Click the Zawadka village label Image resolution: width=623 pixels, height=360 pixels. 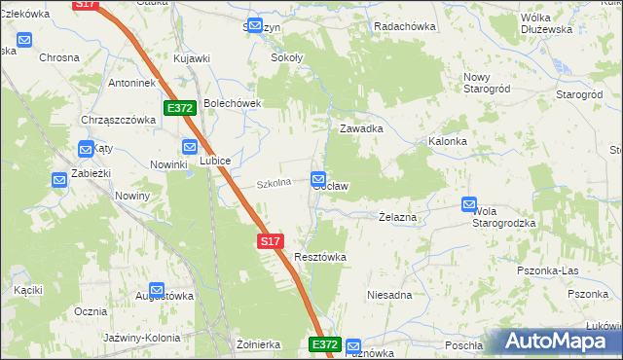pos(360,128)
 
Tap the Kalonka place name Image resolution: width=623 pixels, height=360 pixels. pos(448,141)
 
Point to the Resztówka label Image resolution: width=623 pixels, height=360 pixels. pos(320,257)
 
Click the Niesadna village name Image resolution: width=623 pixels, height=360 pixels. pos(389,294)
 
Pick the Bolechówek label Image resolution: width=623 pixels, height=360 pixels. pos(234,104)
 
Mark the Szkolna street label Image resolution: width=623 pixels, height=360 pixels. pos(275,183)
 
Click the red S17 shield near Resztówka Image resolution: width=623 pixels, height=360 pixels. pos(271,240)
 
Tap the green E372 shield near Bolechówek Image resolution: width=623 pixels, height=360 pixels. pos(181,108)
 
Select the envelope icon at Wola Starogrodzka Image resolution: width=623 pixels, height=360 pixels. pos(469,205)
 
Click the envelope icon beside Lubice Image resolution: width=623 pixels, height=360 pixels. pos(190,147)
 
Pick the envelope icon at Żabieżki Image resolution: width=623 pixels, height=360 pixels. pos(58,179)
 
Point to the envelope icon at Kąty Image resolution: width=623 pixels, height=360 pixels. pos(85,149)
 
